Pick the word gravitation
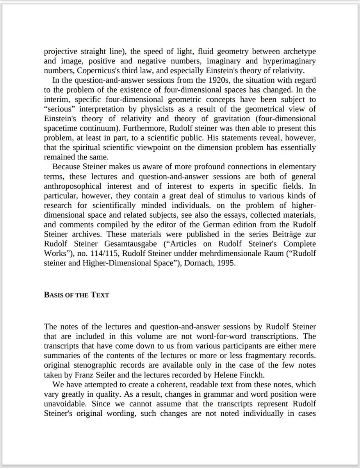[x=205, y=119]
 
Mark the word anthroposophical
[x=72, y=186]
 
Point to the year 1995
[x=227, y=263]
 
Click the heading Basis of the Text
[x=77, y=295]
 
